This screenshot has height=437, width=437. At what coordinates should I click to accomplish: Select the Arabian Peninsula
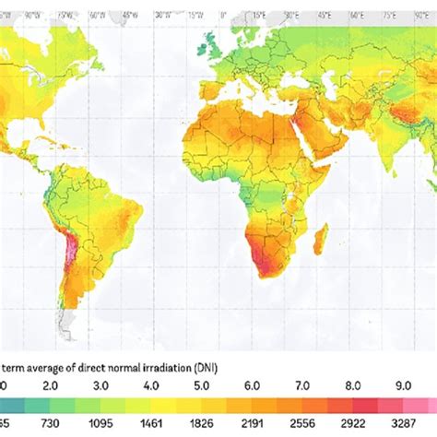[x=318, y=138]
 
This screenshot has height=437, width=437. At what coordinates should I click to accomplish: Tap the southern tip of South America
[x=66, y=323]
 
